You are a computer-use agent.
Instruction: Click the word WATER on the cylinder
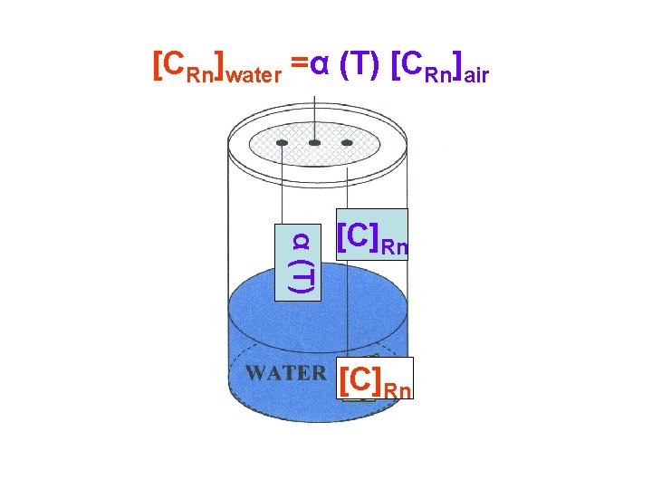click(x=285, y=372)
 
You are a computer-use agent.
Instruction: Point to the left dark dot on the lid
click(x=282, y=143)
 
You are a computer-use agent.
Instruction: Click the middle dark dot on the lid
click(x=314, y=143)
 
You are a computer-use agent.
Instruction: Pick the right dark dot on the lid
click(x=347, y=143)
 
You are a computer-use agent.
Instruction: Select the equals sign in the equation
click(x=299, y=66)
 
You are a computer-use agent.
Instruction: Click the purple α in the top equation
click(x=319, y=66)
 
